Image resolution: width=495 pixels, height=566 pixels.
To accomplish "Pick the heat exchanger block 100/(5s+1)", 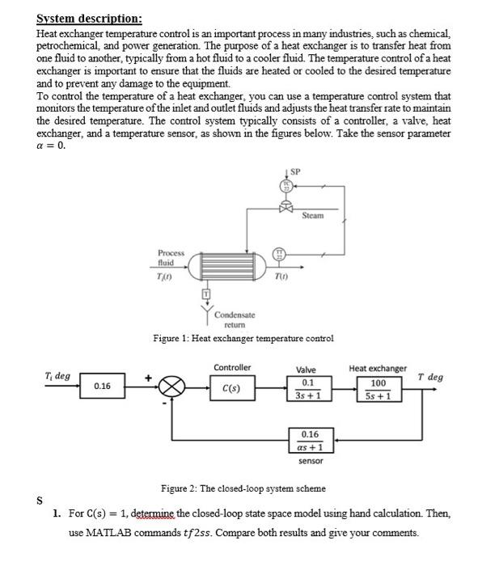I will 378,389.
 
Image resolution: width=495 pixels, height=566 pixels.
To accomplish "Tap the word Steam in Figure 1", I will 312,216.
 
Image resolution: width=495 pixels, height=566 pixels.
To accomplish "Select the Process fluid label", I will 171,257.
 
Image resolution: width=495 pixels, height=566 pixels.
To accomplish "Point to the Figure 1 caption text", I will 243,338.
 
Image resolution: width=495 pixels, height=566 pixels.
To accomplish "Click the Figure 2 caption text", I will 243,488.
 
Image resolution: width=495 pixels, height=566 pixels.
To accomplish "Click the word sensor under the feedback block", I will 311,461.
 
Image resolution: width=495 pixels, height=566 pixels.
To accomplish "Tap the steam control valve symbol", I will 285,208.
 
